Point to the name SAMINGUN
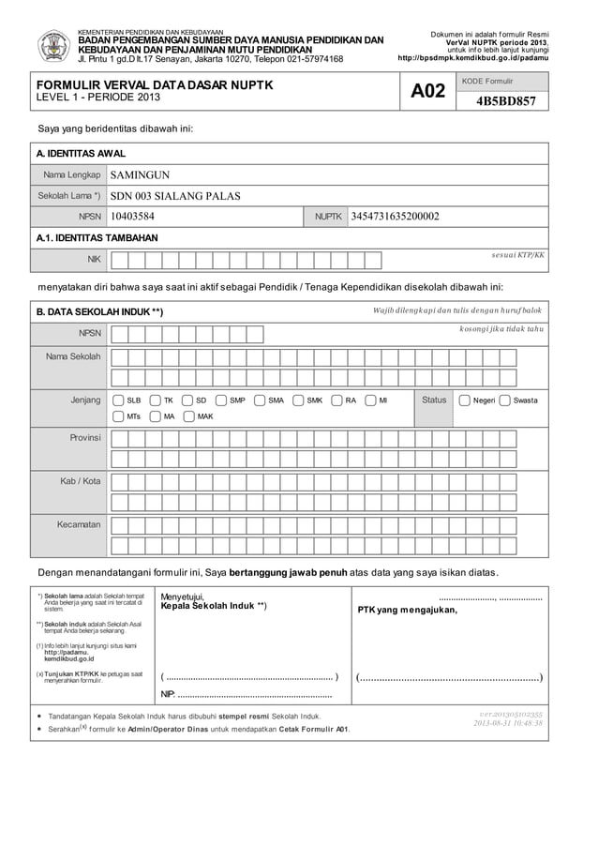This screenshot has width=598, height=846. pos(140,174)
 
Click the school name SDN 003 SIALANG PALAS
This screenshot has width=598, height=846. pos(175,196)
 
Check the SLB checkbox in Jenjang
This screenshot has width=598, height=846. pos(117,400)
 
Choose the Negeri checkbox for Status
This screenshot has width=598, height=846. pos(464,400)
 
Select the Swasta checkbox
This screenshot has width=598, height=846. pos(505,400)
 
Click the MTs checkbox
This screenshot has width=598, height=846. pos(117,416)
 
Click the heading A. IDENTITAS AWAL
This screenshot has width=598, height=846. pos(81,153)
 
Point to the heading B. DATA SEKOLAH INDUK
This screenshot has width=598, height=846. pos(99,311)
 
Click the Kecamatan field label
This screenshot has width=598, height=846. pos(79,524)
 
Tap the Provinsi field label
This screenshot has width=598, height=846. pos(84,438)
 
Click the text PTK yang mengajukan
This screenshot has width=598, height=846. pos(408,611)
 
